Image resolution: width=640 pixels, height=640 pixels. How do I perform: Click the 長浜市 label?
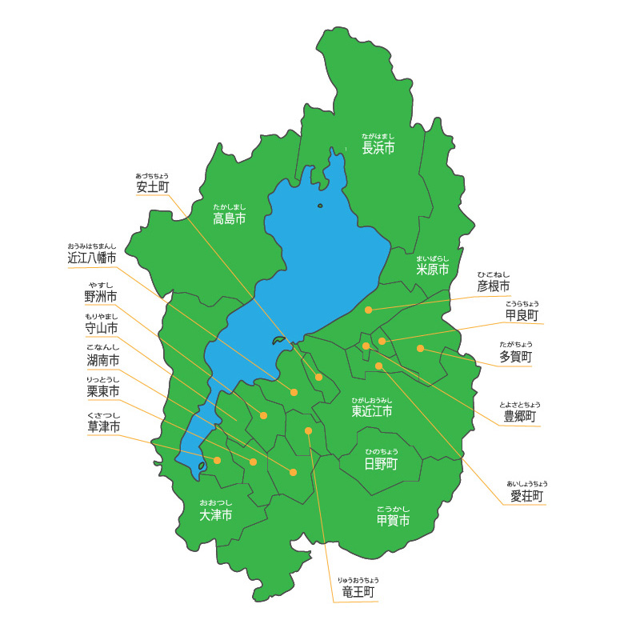tap(378, 148)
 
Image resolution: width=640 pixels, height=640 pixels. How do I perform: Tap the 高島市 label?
tap(229, 218)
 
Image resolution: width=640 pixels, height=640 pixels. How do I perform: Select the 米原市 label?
tap(432, 270)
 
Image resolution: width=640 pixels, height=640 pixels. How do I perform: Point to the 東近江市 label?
tap(372, 411)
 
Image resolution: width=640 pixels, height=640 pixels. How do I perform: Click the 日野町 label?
tap(381, 464)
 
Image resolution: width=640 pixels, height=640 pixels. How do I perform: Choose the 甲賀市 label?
tap(393, 520)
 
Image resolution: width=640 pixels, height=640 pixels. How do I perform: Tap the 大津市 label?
tap(216, 515)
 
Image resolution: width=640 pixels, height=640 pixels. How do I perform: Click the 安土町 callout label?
tap(153, 187)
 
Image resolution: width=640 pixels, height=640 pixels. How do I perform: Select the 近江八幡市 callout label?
tap(92, 258)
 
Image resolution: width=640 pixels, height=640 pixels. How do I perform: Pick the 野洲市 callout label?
tap(101, 296)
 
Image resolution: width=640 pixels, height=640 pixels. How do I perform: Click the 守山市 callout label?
tap(102, 328)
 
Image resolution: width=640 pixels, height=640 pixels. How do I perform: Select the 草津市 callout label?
tap(104, 426)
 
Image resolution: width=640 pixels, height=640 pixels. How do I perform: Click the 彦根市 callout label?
tap(493, 286)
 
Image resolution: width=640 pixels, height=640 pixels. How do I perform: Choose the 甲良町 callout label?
tap(522, 316)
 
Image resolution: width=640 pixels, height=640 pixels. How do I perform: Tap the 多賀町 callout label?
tap(515, 357)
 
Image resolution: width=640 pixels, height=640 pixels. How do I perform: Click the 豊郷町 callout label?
tap(519, 417)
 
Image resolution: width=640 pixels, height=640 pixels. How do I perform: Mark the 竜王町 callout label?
tap(358, 592)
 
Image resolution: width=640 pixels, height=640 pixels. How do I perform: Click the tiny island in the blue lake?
tap(320, 206)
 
